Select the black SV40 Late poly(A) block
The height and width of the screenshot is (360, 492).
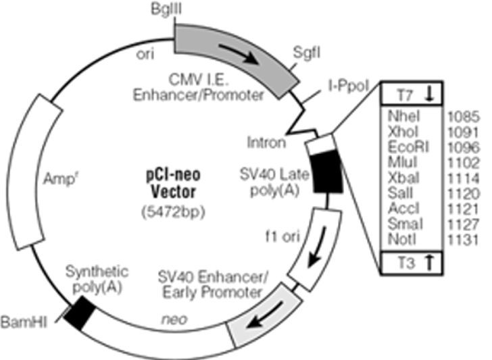pos(326,172)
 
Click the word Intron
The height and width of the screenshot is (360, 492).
pos(266,143)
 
